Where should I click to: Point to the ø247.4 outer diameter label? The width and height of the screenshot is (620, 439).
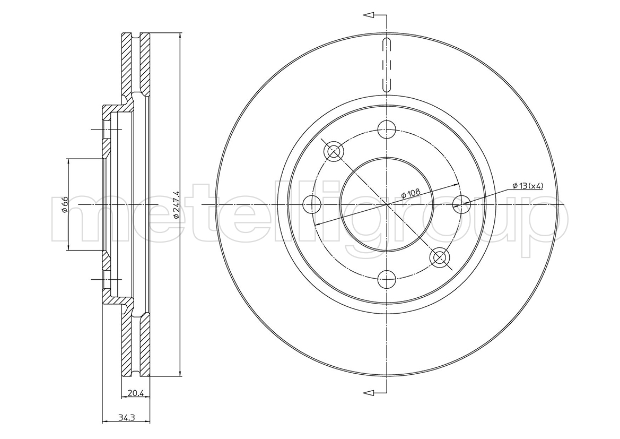tap(177, 204)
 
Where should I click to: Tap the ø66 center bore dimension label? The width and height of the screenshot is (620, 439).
tap(65, 204)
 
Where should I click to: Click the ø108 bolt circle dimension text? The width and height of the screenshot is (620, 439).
tap(410, 193)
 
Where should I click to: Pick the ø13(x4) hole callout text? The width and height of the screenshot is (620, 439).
tap(528, 186)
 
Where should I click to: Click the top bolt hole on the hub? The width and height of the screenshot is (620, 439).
tap(386, 128)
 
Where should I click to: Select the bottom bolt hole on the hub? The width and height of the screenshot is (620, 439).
tap(386, 279)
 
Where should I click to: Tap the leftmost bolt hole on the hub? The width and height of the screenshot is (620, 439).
tap(311, 204)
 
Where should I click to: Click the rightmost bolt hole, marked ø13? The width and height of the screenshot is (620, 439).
tap(461, 204)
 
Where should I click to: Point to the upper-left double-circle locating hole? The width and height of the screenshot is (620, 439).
tap(334, 151)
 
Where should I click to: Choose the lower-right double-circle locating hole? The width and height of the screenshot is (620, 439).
tap(439, 257)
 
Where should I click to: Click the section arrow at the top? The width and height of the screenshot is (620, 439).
tap(369, 15)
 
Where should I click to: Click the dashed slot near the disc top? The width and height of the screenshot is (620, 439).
tap(387, 65)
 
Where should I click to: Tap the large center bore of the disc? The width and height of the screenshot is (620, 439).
tap(386, 204)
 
